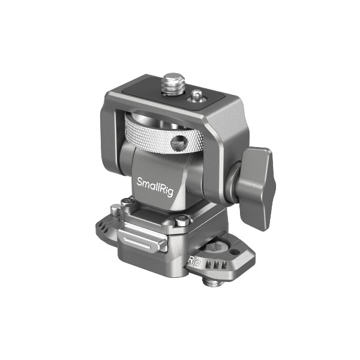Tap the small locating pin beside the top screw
196,95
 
